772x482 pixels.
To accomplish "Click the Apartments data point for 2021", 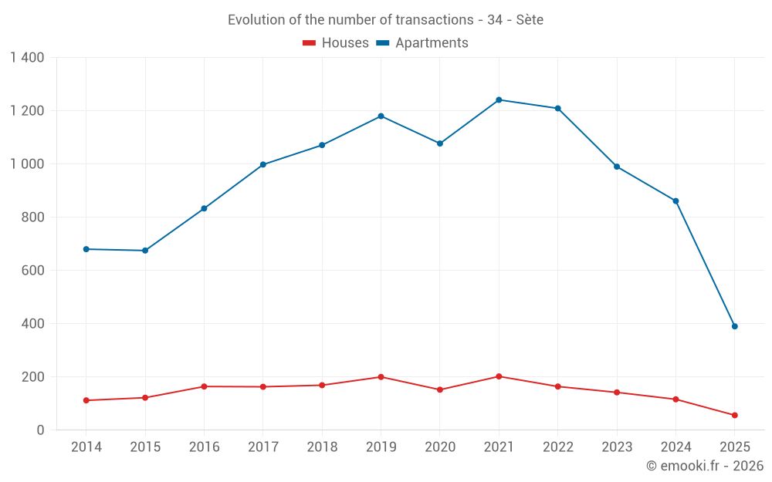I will pos(499,99).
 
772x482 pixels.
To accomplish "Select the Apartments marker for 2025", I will pos(735,326).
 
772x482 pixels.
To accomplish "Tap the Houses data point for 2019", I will pos(381,377).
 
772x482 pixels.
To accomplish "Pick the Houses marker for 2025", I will pos(735,415).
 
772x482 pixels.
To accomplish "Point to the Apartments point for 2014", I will pos(86,249).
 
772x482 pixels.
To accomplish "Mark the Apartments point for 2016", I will pos(204,208).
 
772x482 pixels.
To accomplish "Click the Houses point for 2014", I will pos(86,400).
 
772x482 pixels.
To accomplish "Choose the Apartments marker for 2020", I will pos(440,143).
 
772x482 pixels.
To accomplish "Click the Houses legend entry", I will pos(336,43).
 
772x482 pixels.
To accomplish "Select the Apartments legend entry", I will pos(422,43).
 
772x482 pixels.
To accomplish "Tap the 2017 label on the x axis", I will pos(263,447).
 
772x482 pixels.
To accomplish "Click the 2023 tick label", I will pos(617,447).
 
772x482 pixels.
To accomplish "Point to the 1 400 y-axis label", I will pos(27,57).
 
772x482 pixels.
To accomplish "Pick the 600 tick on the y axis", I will pos(33,271).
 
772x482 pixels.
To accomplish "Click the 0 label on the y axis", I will pos(40,430).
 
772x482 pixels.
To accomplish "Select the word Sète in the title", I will pos(530,20).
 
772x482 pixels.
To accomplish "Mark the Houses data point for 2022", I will pos(558,386).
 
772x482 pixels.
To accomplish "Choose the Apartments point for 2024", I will pos(675,201).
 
